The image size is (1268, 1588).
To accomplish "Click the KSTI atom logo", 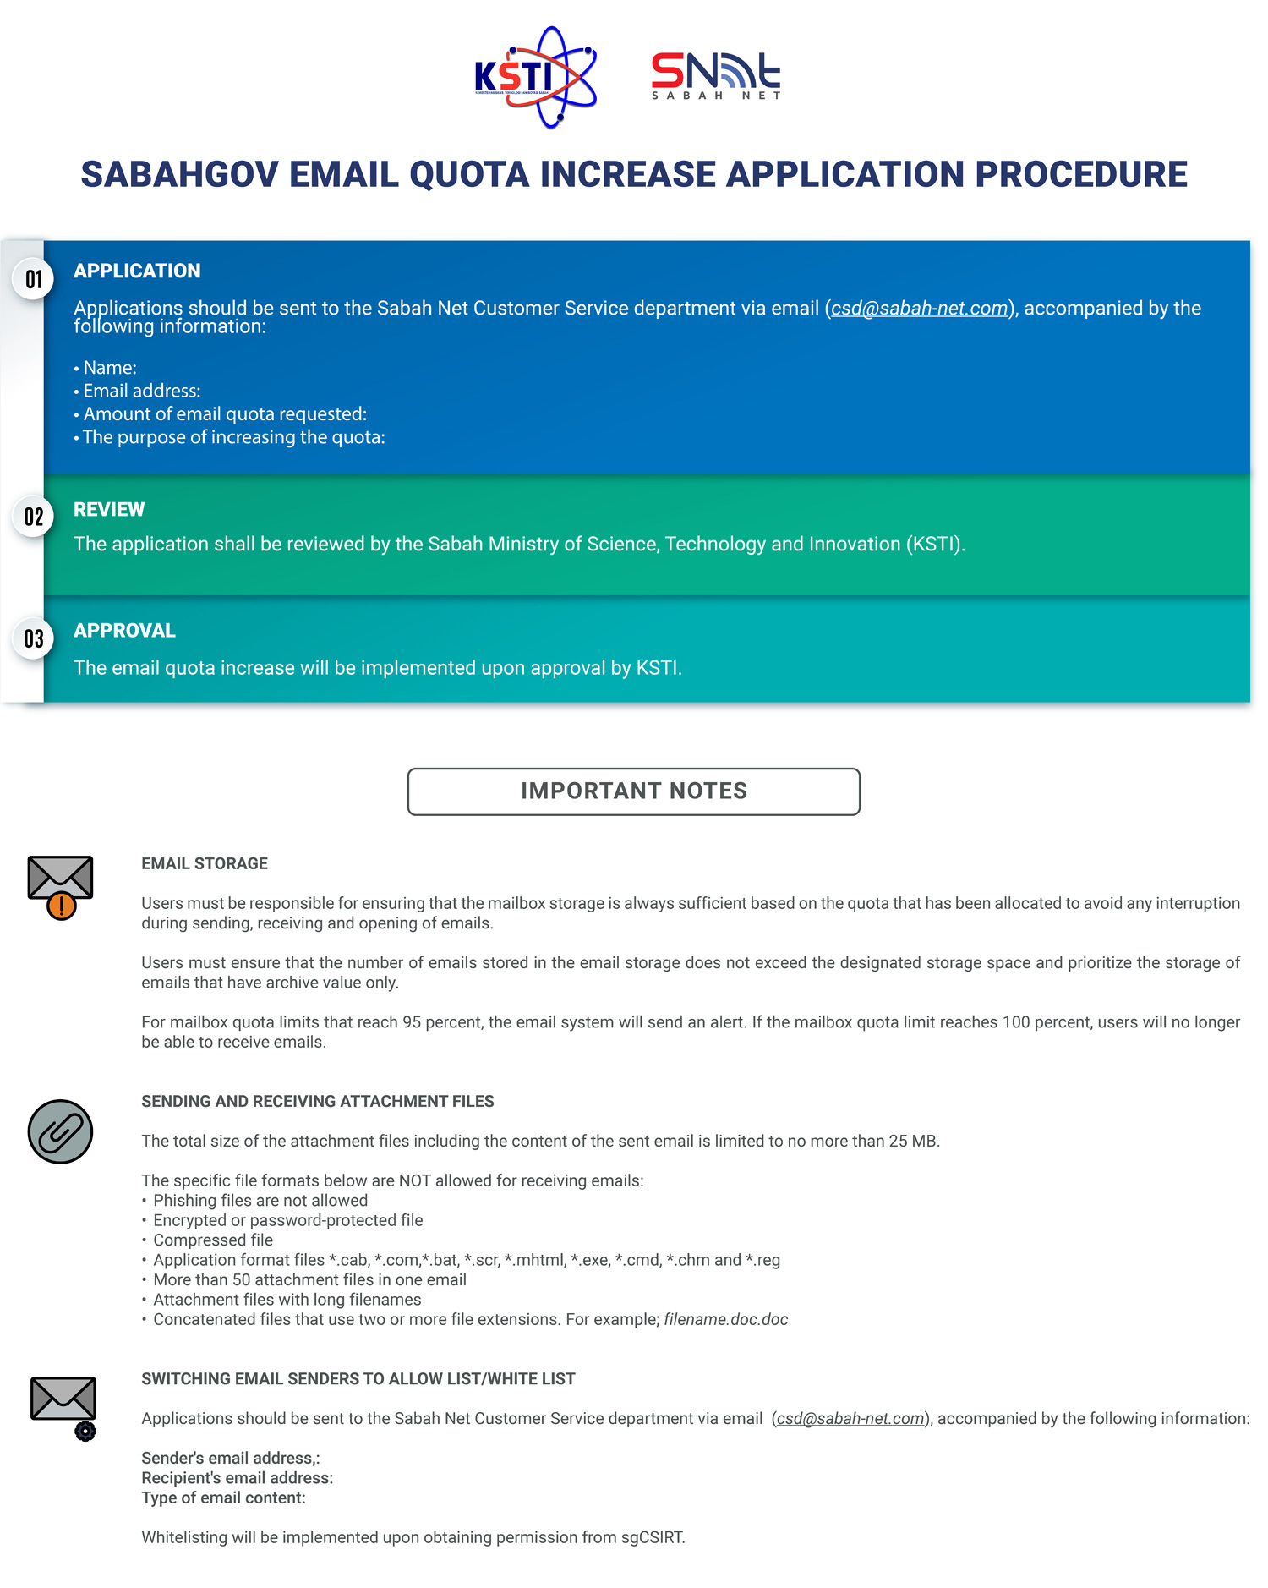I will (x=536, y=77).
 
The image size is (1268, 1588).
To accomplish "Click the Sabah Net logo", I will (x=715, y=76).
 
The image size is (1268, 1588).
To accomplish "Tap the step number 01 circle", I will (x=34, y=279).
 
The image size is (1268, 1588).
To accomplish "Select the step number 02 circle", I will (x=34, y=517).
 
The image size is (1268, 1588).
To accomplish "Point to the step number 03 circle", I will (x=34, y=638).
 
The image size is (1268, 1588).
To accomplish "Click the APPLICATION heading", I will (x=137, y=271).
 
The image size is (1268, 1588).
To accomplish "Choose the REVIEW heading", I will (x=109, y=509).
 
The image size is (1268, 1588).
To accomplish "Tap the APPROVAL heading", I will (x=124, y=631).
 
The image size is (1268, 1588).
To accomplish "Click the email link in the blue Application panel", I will (x=919, y=309).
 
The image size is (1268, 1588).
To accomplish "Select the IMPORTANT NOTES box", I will (x=634, y=791).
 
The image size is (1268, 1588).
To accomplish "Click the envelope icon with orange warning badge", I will (x=60, y=886).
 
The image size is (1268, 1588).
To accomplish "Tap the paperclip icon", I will (x=60, y=1131).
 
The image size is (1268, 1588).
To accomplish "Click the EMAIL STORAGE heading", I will (x=205, y=863).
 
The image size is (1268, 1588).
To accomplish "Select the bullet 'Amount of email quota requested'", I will (x=225, y=414).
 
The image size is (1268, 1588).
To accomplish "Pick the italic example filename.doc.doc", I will (x=725, y=1320).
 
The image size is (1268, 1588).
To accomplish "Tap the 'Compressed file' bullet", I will (x=213, y=1240).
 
